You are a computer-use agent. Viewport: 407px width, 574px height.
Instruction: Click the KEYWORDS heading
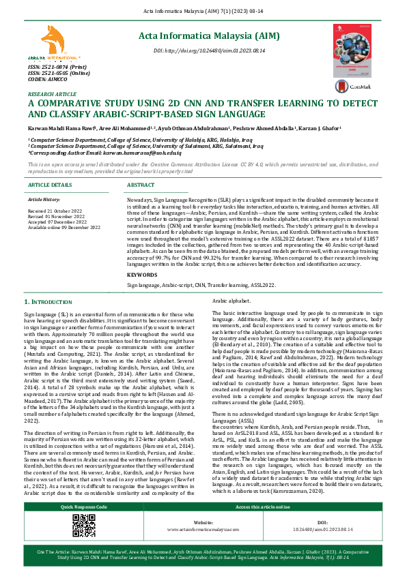click(142, 293)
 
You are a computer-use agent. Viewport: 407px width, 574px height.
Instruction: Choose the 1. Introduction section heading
click(52, 320)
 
